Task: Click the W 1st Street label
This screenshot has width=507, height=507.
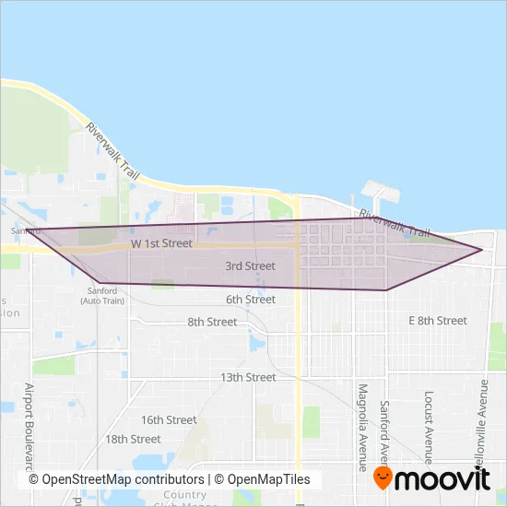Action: (x=160, y=244)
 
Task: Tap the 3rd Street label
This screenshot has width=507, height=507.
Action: (x=250, y=266)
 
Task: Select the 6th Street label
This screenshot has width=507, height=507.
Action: (x=250, y=300)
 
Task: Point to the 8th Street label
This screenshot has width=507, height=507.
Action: (x=211, y=322)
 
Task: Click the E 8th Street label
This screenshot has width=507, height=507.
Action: (x=438, y=321)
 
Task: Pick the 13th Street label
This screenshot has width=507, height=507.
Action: (x=248, y=377)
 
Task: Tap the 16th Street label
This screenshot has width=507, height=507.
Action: (x=169, y=419)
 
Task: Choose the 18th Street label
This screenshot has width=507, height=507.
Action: (x=134, y=439)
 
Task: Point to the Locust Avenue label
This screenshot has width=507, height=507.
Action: (x=429, y=424)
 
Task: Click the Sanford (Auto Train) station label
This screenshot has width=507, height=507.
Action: (x=102, y=295)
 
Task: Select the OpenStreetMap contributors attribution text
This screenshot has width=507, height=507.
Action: (x=116, y=479)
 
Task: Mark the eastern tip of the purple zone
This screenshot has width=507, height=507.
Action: (x=482, y=249)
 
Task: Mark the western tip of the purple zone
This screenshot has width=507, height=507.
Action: (x=27, y=230)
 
